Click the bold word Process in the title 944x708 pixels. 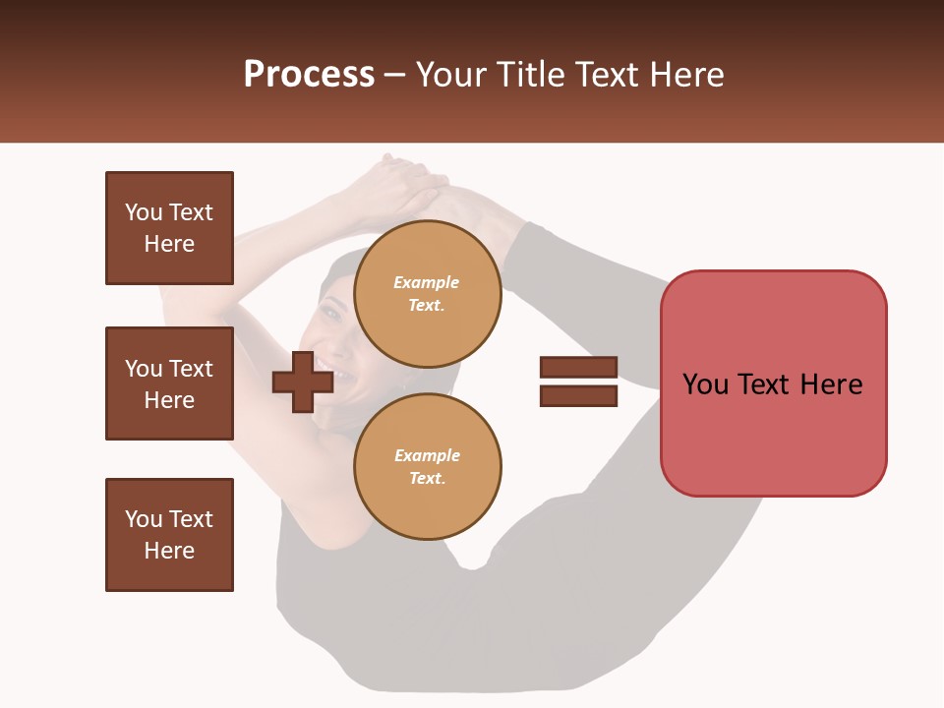pos(309,75)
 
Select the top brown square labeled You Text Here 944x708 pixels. pos(169,228)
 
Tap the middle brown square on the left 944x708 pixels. pos(169,383)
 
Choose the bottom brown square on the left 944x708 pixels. pos(169,535)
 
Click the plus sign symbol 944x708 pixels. pos(302,383)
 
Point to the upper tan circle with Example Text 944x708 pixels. pos(427,294)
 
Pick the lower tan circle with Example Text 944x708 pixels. pos(427,467)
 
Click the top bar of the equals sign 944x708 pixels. pos(578,367)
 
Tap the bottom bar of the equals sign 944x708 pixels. pos(578,395)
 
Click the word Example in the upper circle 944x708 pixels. pos(427,282)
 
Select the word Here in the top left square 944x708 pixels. pos(169,244)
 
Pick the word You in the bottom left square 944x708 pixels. pos(144,519)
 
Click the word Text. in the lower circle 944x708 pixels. pos(427,479)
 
